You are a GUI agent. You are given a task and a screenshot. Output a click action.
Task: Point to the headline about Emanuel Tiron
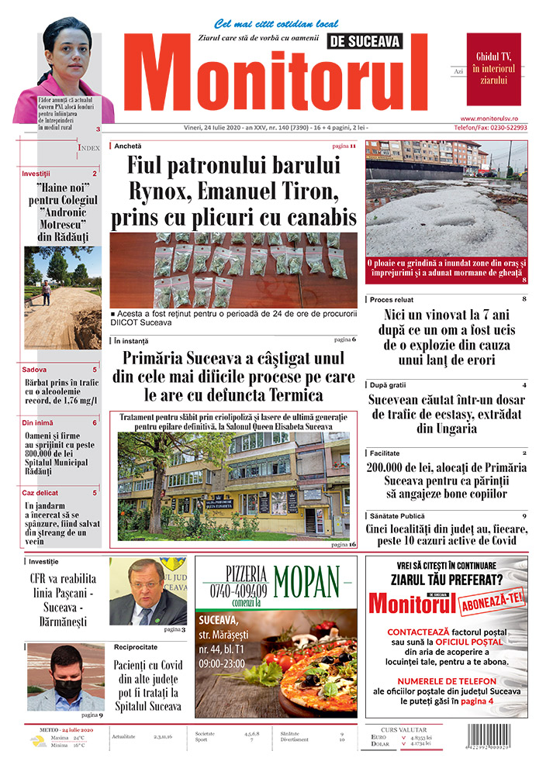pyautogui.click(x=233, y=191)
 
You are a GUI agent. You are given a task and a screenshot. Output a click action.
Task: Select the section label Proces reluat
pyautogui.click(x=392, y=299)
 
